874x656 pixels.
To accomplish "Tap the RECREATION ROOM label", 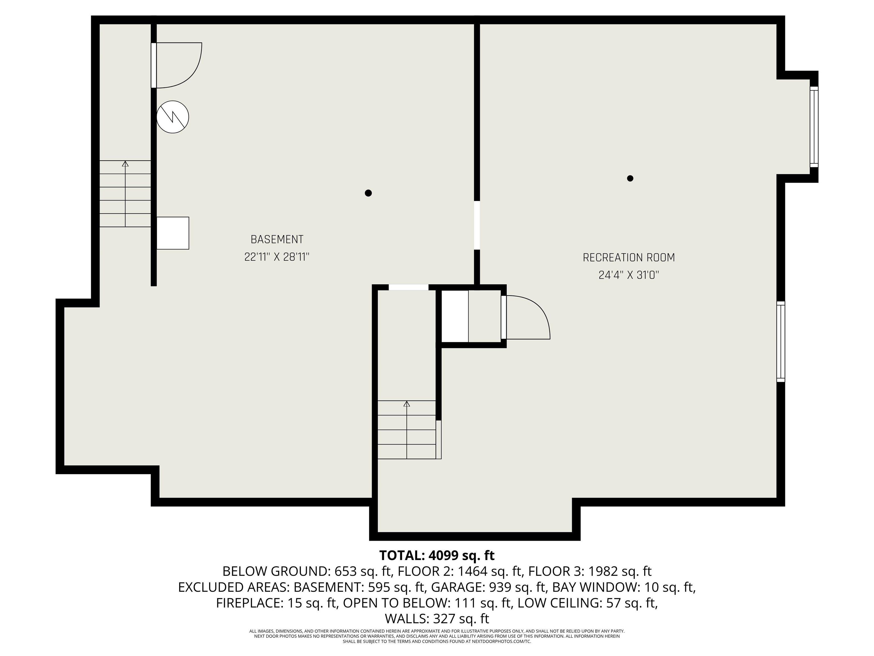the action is [x=629, y=257].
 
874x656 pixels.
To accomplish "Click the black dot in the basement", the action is [x=368, y=193].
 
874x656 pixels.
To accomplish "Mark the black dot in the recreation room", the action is [x=630, y=178].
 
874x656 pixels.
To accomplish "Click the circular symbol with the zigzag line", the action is [x=173, y=117].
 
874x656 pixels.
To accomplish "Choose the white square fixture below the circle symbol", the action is [x=173, y=233].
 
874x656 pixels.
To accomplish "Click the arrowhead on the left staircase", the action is [x=125, y=163].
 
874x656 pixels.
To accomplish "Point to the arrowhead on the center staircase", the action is [x=407, y=404].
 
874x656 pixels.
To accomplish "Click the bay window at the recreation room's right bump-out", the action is [x=814, y=126].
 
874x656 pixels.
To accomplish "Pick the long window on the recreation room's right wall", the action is [x=781, y=341].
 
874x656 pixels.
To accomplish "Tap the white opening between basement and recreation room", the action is [x=477, y=225].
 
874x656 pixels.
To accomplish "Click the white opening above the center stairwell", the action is [x=409, y=288].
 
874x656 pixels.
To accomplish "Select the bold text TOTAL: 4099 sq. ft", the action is [x=437, y=555].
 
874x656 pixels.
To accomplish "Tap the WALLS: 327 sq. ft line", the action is [x=437, y=618].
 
